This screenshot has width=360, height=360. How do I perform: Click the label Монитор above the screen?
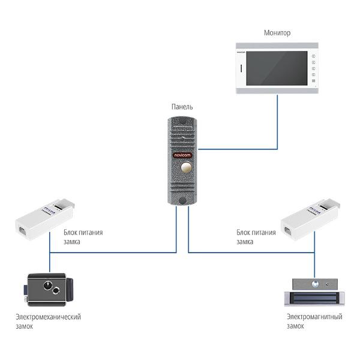[x=277, y=33]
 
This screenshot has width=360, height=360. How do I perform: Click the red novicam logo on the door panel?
[x=182, y=154]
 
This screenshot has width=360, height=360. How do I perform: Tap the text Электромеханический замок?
[x=48, y=322]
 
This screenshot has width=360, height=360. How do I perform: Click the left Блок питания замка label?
[x=80, y=236]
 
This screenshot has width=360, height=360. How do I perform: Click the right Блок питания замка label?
[x=254, y=236]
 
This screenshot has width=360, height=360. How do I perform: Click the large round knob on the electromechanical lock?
[x=43, y=283]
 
